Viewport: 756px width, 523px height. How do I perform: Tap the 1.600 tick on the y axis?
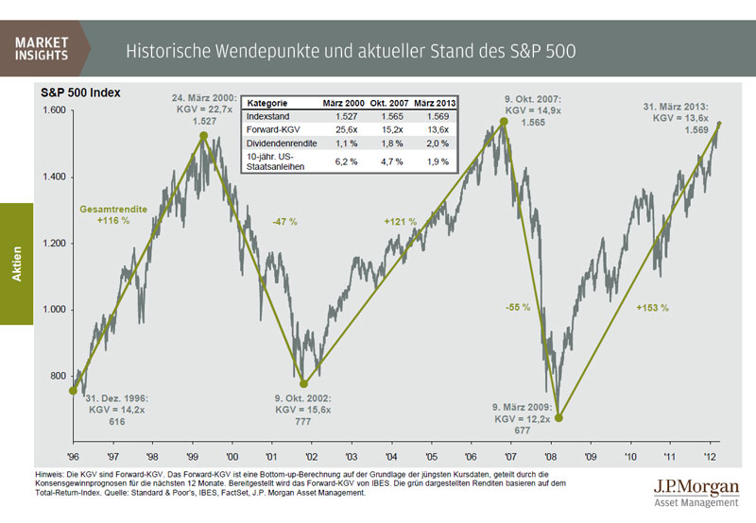coord(55,110)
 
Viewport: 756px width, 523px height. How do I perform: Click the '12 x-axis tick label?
coord(713,439)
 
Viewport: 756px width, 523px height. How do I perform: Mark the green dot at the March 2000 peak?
coord(203,136)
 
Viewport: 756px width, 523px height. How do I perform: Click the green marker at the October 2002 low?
coord(303,383)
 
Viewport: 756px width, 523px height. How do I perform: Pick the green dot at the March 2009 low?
coord(558,417)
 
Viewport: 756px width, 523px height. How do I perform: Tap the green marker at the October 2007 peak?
coord(504,122)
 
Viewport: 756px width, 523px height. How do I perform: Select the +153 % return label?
coord(652,308)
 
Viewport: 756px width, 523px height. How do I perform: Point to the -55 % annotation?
coord(517,308)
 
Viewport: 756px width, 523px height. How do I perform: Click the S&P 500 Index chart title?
coord(86,93)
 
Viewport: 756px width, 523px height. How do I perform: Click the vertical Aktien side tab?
coord(18,265)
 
